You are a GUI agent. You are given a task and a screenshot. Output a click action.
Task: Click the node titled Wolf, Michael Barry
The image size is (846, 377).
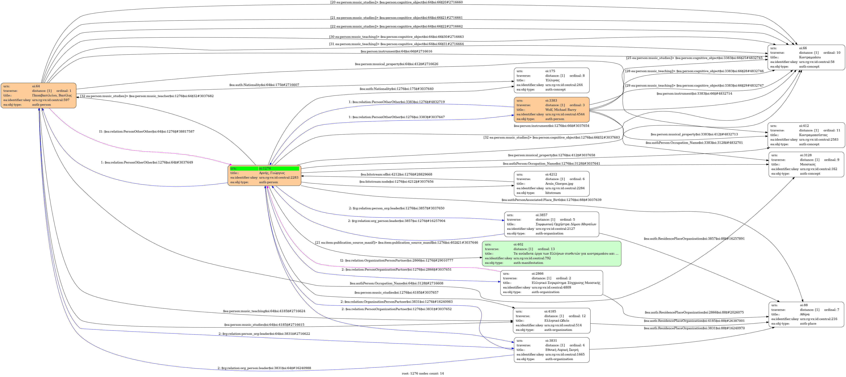[551, 110]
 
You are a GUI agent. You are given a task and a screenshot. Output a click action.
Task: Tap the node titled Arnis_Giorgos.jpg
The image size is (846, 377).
[551, 184]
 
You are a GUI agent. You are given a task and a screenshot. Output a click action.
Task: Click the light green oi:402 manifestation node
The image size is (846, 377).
[551, 253]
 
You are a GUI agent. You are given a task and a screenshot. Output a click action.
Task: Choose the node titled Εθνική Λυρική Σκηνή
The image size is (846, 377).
[551, 350]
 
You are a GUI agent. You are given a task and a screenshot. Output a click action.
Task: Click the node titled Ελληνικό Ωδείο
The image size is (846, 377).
[551, 320]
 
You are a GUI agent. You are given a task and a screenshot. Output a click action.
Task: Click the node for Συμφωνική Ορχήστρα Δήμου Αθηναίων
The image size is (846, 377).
[551, 224]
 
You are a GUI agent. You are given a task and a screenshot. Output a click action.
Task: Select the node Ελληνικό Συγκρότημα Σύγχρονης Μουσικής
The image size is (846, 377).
[551, 283]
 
